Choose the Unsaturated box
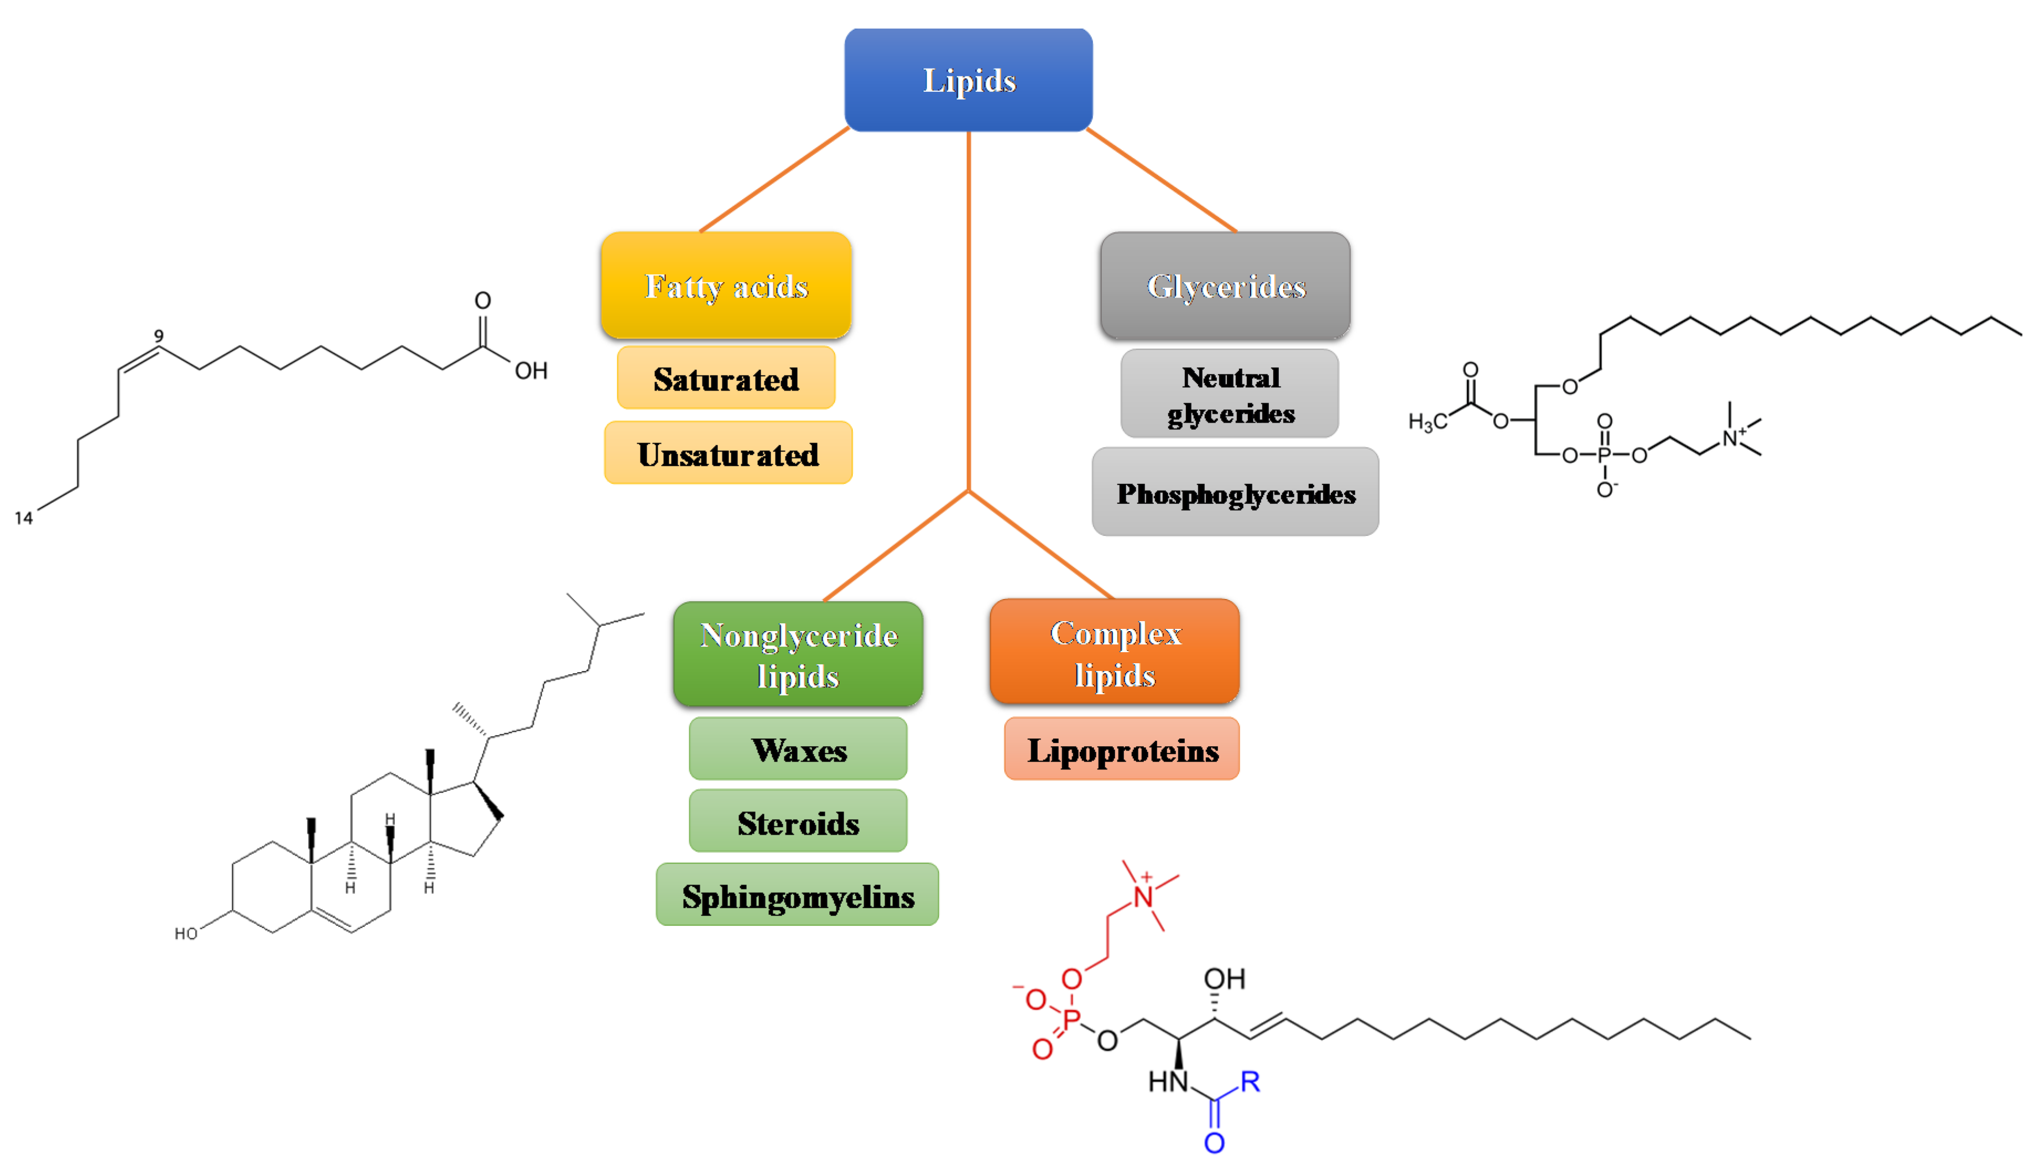tap(728, 454)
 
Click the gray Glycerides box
tap(1225, 285)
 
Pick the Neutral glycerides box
tap(1230, 394)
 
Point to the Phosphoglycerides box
tap(1235, 493)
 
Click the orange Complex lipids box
tap(1115, 652)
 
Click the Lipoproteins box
tap(1122, 750)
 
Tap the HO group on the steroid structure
tap(186, 934)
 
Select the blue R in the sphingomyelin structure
tap(1250, 1082)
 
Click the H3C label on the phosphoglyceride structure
tap(1427, 422)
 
